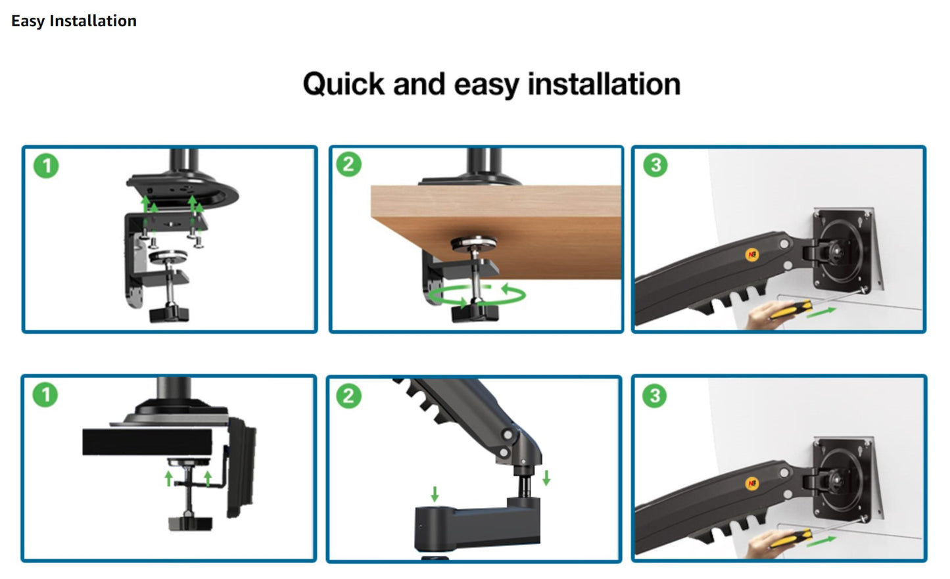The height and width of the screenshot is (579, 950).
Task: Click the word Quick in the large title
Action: (344, 84)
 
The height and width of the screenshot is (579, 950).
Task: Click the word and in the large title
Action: (419, 84)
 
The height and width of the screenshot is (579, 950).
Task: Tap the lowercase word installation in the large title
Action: (604, 84)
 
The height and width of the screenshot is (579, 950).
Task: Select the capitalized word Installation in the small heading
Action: (93, 21)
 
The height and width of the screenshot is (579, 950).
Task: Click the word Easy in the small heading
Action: (28, 22)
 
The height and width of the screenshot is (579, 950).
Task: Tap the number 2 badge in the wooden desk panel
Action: (348, 164)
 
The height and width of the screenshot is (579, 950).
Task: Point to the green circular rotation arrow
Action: (477, 294)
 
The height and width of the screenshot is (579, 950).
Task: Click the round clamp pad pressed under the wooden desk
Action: (474, 244)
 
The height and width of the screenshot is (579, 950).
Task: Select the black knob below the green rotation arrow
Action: (475, 313)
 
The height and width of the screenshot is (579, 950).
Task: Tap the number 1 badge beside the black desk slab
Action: (45, 394)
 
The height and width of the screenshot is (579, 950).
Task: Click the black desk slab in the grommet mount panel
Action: (147, 442)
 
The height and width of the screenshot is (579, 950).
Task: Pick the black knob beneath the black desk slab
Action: (191, 523)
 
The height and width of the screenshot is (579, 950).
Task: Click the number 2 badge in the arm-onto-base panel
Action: (348, 396)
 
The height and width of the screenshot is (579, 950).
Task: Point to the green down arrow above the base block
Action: (435, 494)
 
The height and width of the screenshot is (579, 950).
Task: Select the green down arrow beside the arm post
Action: (546, 477)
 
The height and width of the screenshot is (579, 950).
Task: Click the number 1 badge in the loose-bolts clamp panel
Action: (46, 166)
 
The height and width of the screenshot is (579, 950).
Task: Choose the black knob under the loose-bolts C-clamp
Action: (169, 315)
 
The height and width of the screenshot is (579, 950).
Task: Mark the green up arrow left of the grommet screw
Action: (169, 478)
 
